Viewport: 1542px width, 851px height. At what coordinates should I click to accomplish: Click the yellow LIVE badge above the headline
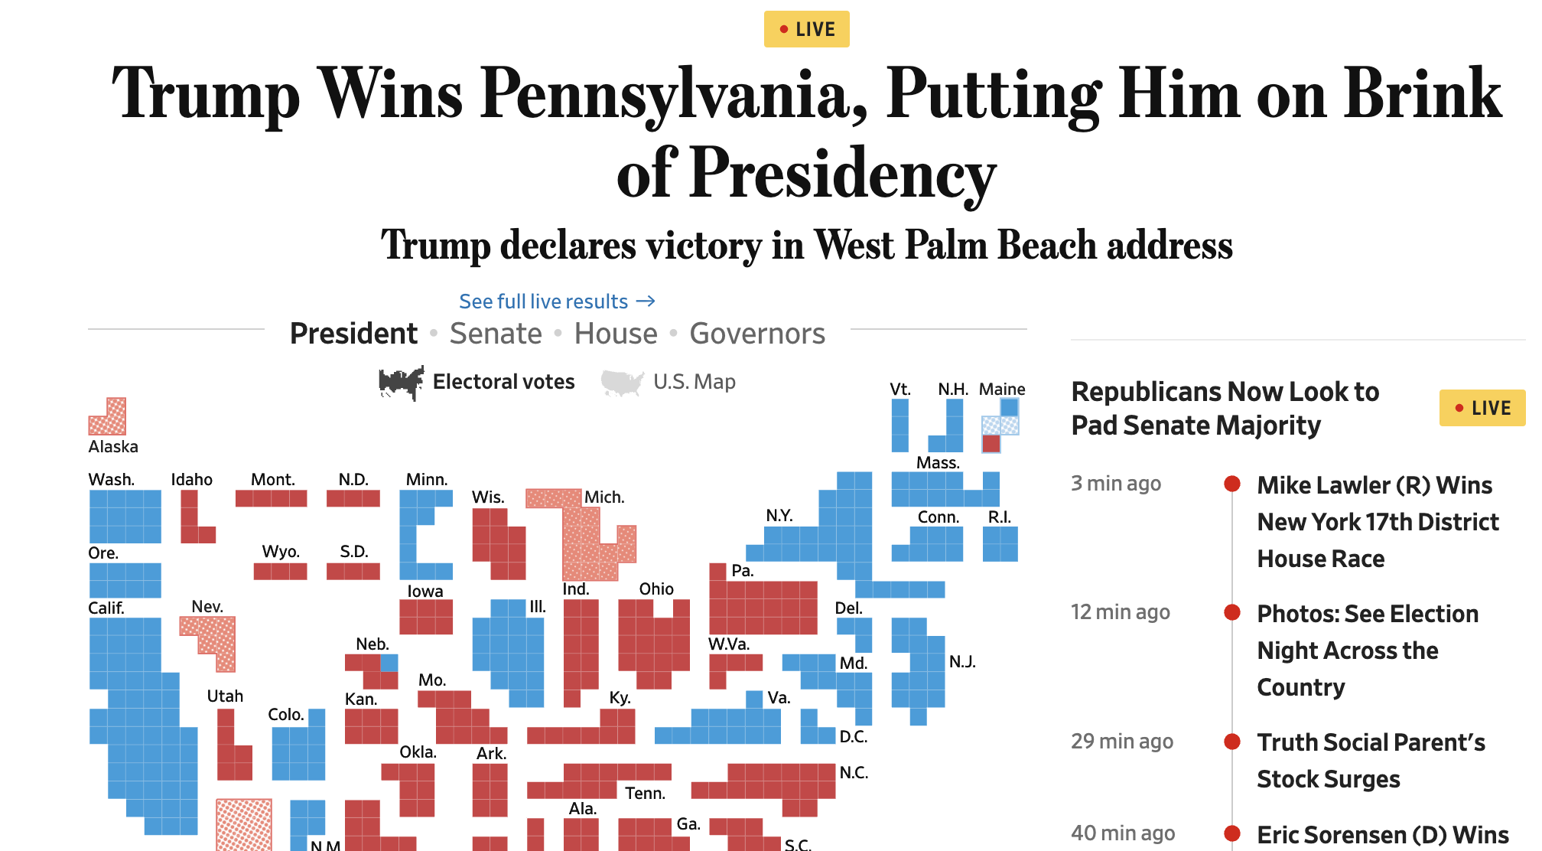806,29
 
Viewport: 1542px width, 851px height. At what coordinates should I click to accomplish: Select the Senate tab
496,334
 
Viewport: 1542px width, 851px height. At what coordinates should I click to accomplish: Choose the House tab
616,334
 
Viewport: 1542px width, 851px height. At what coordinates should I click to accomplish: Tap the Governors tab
757,334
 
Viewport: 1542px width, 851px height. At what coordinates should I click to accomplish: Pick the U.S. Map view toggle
694,382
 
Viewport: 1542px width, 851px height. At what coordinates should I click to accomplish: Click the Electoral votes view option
503,382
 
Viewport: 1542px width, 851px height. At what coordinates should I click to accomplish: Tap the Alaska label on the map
113,447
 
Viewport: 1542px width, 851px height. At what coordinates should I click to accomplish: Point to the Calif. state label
106,608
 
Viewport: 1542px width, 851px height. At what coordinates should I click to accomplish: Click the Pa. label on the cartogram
743,571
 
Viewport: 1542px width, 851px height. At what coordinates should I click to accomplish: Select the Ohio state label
656,589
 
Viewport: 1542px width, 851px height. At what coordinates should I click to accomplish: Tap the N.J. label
962,661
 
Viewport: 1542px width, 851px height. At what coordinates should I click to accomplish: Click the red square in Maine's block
991,443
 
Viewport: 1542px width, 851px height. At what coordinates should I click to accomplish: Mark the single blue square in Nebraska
389,662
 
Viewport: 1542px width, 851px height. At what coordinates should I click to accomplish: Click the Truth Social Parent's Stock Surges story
1371,761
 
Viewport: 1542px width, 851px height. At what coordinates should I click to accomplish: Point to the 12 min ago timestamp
1120,612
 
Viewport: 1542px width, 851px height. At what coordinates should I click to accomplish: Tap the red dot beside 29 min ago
1231,742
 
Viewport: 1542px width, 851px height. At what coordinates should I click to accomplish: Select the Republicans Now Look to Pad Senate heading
1225,409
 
